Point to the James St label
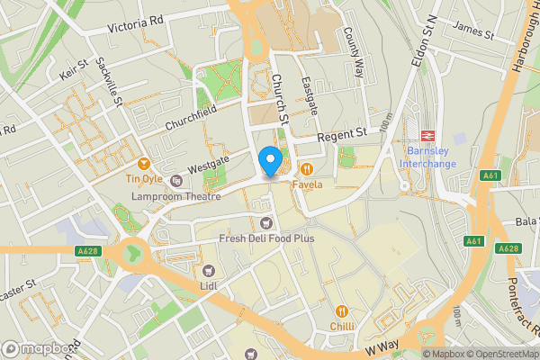(x=475, y=31)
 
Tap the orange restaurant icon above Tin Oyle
(x=144, y=163)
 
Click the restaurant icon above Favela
(x=307, y=168)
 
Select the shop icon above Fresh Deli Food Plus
(x=265, y=222)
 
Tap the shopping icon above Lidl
(x=209, y=270)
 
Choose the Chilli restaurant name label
(x=342, y=327)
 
